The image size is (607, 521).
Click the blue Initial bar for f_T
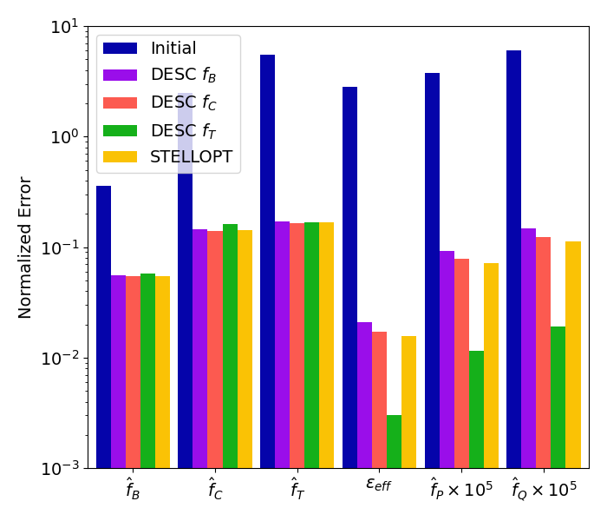click(267, 261)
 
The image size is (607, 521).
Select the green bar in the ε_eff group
click(394, 442)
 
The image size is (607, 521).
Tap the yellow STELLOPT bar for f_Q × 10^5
click(573, 355)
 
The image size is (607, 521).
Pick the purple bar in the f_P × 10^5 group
click(447, 359)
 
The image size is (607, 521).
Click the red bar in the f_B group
click(134, 373)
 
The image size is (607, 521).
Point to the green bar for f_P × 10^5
click(476, 410)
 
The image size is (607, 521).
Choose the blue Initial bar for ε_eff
click(350, 278)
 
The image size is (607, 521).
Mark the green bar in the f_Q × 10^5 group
click(558, 398)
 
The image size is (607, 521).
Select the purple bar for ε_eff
click(365, 395)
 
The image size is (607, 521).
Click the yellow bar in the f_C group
click(245, 349)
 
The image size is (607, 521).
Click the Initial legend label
click(173, 48)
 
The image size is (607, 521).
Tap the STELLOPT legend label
click(192, 156)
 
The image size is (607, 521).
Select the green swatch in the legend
click(120, 130)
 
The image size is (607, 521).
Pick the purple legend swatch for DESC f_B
click(120, 75)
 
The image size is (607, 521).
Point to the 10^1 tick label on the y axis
click(65, 27)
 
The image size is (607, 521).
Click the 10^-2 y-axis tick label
click(60, 358)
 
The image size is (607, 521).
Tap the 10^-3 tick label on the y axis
click(60, 469)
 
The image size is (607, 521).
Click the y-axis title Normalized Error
click(25, 247)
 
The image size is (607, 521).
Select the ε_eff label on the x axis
click(379, 485)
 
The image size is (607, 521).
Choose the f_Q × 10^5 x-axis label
click(544, 488)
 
